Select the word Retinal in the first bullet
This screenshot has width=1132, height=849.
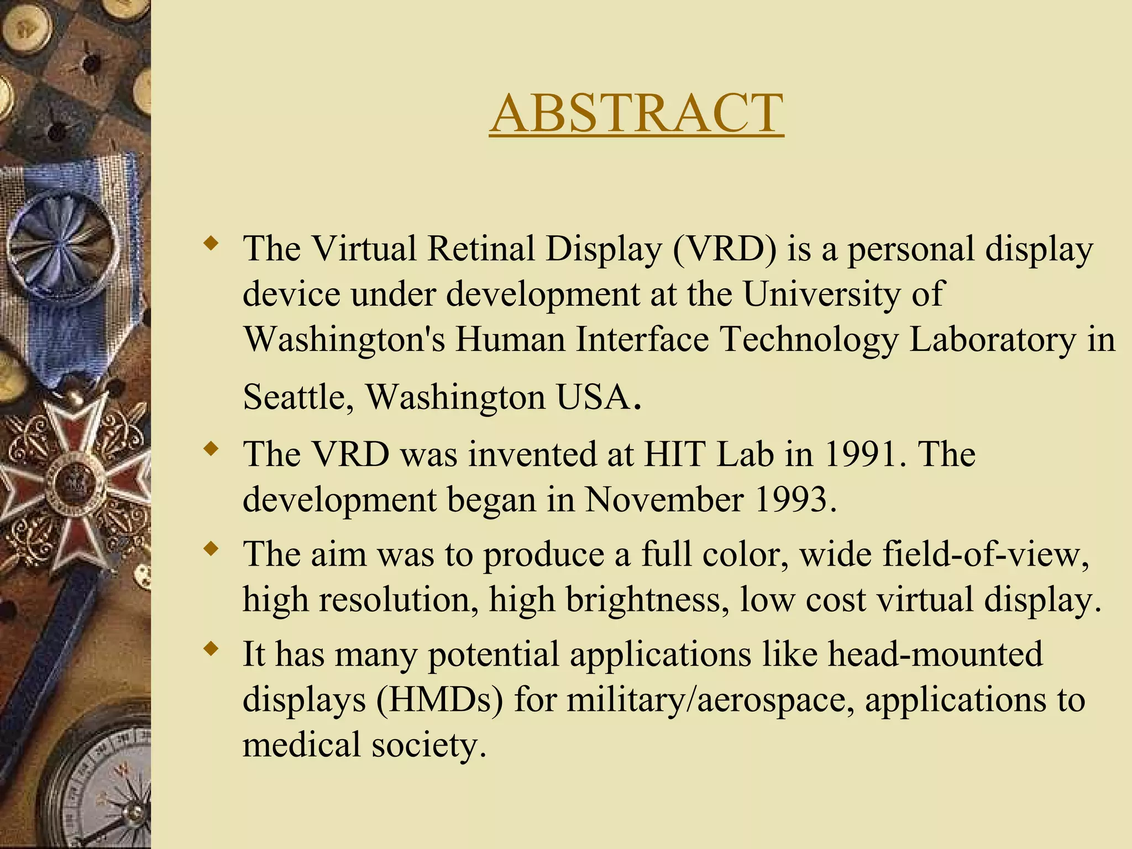coord(481,249)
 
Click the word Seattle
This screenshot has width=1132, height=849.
coord(298,397)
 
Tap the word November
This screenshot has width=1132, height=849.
coord(664,500)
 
